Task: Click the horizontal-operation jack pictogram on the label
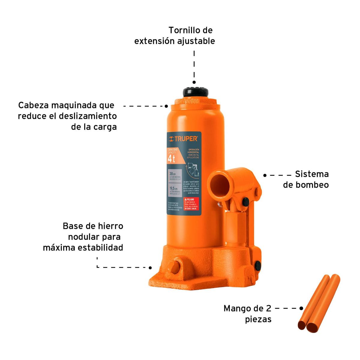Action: coord(193,169)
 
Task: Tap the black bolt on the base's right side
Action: coord(257,265)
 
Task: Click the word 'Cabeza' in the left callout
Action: coord(33,105)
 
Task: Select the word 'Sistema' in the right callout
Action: coord(312,174)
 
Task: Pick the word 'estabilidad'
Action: coord(100,248)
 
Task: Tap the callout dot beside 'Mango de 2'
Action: coord(301,308)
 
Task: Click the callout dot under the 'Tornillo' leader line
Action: coord(194,82)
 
